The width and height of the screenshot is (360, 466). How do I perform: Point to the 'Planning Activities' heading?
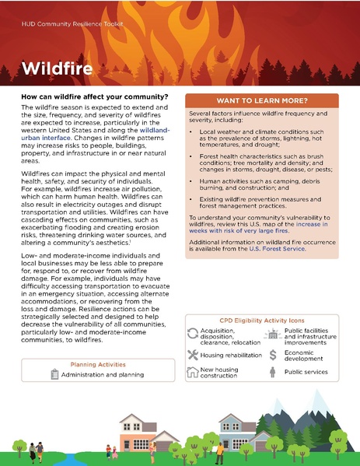tap(98, 364)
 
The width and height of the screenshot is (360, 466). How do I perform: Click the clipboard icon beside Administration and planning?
tap(54, 375)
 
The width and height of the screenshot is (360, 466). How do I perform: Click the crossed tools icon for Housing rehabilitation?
tap(194, 355)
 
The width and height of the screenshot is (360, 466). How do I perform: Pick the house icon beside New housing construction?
tap(194, 373)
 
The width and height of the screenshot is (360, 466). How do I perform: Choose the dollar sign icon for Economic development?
tap(273, 355)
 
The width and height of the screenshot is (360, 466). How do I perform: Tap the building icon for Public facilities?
tap(273, 335)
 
